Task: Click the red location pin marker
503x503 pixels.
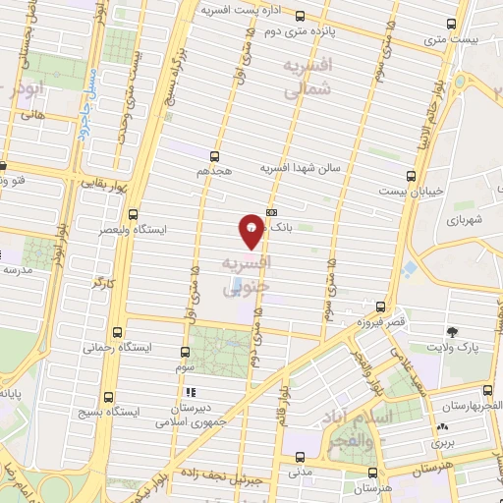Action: point(251,231)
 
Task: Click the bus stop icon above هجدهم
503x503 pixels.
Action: point(214,156)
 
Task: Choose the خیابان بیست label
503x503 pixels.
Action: point(413,189)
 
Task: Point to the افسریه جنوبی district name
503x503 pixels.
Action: point(246,276)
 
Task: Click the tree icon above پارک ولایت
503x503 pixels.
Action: point(452,333)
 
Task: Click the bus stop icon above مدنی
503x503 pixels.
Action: point(302,456)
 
